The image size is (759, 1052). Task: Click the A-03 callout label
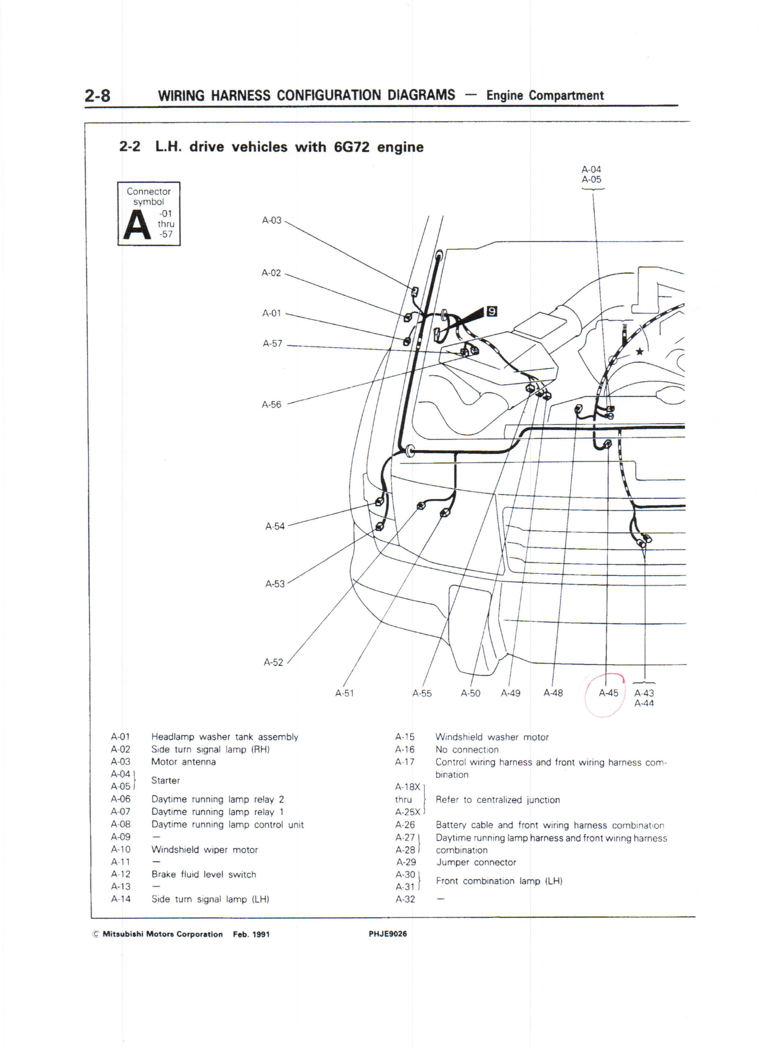pyautogui.click(x=272, y=220)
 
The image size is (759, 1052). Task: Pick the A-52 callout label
pyautogui.click(x=273, y=662)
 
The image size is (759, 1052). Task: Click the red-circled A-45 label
pyautogui.click(x=608, y=693)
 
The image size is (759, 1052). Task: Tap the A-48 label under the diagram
pyautogui.click(x=553, y=693)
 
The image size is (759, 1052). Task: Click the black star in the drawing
pyautogui.click(x=639, y=352)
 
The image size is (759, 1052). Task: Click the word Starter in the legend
pyautogui.click(x=166, y=781)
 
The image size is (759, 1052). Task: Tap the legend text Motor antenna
pyautogui.click(x=183, y=762)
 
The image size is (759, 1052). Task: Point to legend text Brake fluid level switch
pyautogui.click(x=204, y=874)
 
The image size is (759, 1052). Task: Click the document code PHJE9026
pyautogui.click(x=387, y=934)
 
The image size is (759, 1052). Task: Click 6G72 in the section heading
pyautogui.click(x=351, y=147)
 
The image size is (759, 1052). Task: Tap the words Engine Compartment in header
pyautogui.click(x=545, y=95)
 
